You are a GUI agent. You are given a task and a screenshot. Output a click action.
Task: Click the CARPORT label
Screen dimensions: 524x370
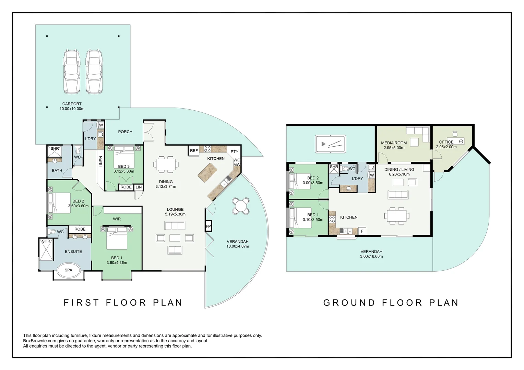(72, 104)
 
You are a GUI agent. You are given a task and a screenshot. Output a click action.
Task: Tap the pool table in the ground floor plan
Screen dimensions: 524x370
(331, 144)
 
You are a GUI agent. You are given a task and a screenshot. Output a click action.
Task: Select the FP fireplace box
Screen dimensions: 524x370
(208, 226)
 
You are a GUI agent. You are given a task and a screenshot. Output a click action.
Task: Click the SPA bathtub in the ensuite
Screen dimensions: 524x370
(69, 270)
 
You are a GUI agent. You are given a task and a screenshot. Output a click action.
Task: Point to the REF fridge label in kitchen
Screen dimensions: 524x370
(194, 151)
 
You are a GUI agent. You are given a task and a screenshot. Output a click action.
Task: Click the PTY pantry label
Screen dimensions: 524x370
(235, 152)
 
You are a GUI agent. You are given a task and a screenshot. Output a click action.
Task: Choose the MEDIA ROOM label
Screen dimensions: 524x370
(394, 143)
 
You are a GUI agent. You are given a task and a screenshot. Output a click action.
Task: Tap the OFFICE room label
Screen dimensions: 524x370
(446, 142)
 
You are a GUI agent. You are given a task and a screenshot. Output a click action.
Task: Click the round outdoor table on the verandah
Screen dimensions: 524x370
(241, 206)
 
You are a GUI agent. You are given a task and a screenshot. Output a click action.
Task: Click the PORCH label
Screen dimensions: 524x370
(125, 132)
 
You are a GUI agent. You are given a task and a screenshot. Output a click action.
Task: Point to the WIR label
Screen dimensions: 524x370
(117, 219)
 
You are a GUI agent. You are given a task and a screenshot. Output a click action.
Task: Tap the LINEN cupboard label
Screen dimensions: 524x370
(101, 161)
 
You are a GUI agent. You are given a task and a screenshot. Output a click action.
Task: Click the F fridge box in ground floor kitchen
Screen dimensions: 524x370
(362, 231)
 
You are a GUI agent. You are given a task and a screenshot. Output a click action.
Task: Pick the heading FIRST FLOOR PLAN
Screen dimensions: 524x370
(123, 303)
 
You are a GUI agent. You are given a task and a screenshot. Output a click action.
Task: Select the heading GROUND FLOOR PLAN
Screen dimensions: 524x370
(391, 303)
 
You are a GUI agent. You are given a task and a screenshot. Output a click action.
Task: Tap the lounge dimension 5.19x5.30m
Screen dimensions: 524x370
(175, 214)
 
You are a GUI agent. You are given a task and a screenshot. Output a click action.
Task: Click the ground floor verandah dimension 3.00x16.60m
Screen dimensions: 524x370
(371, 256)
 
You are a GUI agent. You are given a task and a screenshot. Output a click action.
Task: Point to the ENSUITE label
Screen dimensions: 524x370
(73, 251)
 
